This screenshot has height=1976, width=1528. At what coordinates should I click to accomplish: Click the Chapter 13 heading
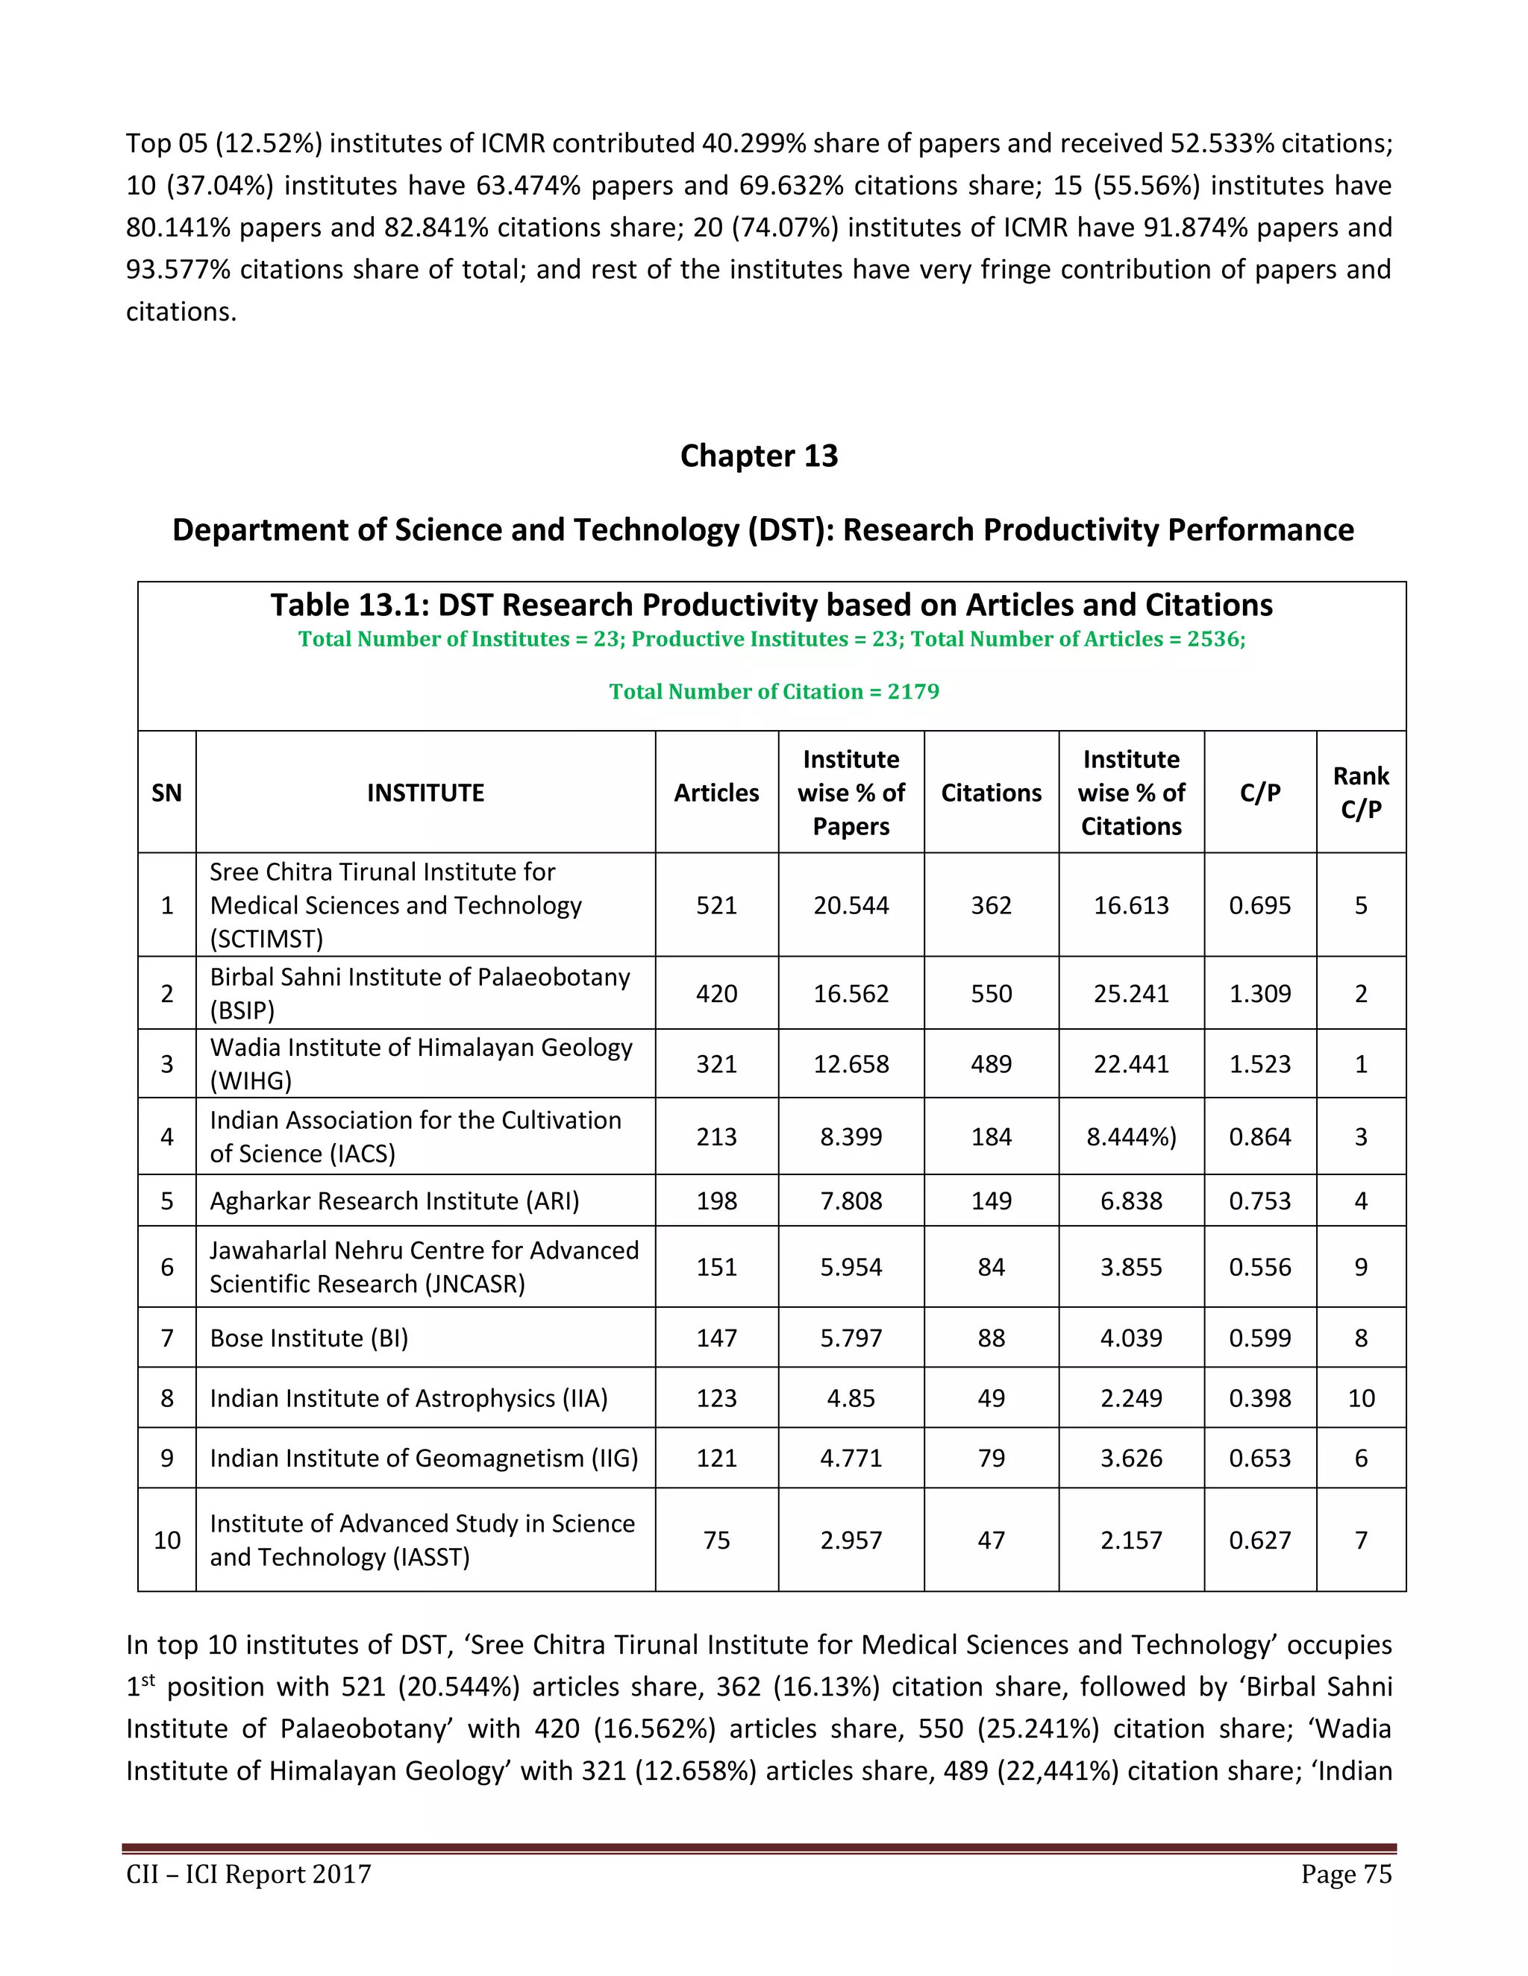759,455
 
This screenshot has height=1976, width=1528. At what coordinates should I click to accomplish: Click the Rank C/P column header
1361,793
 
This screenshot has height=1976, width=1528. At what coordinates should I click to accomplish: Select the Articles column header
716,793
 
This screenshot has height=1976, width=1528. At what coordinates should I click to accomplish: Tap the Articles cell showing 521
716,904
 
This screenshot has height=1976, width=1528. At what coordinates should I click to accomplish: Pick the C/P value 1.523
1259,1064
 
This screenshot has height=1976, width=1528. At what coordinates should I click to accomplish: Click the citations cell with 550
992,993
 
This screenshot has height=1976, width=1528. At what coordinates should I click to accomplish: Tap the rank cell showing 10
1361,1398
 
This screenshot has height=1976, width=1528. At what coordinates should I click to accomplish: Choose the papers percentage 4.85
851,1398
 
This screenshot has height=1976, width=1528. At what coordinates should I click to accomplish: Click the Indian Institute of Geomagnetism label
424,1459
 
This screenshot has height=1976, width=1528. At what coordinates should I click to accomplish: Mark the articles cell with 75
716,1540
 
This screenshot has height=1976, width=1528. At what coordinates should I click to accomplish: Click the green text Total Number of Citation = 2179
774,691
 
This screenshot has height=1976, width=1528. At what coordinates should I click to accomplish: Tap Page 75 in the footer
1346,1874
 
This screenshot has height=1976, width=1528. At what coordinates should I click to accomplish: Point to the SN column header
166,793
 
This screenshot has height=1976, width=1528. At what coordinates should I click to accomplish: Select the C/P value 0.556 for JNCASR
1259,1267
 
